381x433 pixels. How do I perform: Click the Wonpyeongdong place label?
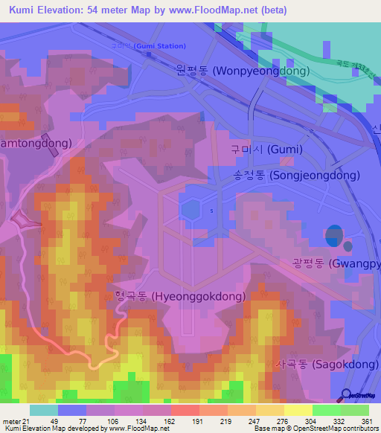[253, 70]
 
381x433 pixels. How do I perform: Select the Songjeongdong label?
[295, 176]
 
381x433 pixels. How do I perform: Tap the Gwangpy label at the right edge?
[335, 264]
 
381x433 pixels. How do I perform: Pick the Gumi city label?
[266, 149]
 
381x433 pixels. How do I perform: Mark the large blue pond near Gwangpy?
[335, 235]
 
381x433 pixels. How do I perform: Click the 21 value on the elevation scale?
[27, 421]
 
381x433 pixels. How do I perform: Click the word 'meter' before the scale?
[11, 421]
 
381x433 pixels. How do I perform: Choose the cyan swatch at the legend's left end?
[43, 410]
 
